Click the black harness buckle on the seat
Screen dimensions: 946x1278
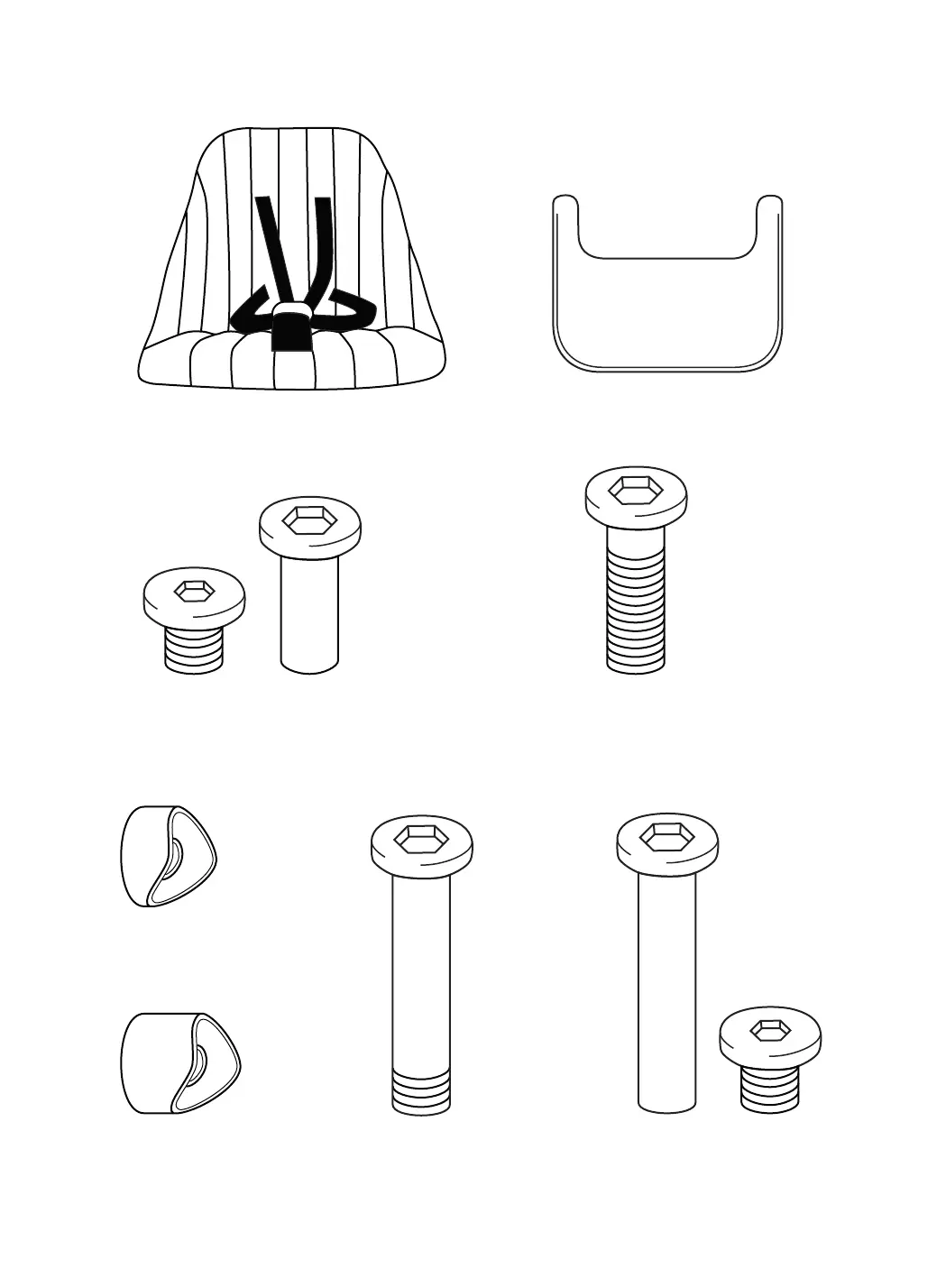(289, 326)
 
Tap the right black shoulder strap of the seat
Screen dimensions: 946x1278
(323, 244)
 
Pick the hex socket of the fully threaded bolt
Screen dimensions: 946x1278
(635, 490)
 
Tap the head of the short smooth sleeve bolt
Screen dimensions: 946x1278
(309, 528)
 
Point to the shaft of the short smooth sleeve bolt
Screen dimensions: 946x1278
(309, 613)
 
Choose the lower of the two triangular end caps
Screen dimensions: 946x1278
(179, 1062)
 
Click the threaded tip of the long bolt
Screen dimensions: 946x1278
(422, 1088)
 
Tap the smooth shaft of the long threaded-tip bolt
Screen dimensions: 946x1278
(422, 965)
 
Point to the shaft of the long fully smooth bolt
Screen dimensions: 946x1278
(667, 992)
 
